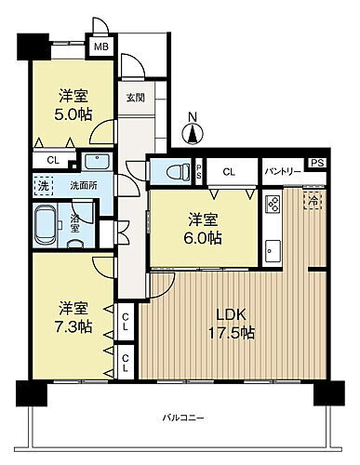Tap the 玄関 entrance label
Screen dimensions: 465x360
point(135,96)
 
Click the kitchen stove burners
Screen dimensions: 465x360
point(273,205)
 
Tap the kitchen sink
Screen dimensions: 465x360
point(273,249)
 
